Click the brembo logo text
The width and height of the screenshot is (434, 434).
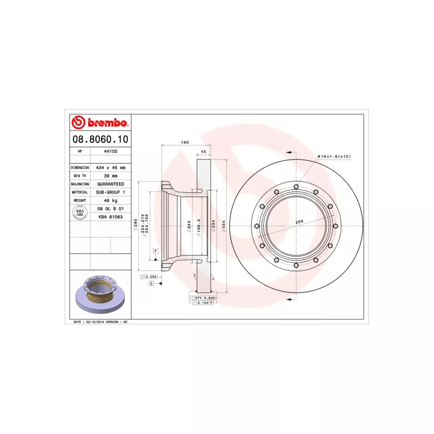105,123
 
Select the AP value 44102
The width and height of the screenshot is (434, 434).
111,151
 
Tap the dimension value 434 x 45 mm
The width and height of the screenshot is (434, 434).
111,168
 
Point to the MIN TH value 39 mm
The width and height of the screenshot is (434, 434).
111,176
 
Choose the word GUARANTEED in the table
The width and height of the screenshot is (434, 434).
111,184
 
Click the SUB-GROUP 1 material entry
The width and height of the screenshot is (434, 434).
111,192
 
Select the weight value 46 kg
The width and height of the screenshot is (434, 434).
111,200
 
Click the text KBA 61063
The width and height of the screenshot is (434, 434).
111,217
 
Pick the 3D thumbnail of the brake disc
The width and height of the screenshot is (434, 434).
100,296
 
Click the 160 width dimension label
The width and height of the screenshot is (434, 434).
184,143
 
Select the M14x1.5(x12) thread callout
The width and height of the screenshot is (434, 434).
334,156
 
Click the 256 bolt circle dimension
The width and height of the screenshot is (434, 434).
298,221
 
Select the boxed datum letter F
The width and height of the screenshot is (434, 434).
155,251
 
